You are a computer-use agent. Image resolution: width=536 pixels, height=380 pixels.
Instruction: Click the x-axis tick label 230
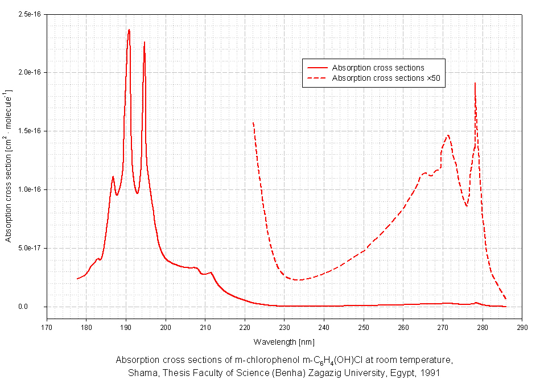[284, 328]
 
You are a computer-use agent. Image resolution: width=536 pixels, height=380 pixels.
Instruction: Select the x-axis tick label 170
[46, 328]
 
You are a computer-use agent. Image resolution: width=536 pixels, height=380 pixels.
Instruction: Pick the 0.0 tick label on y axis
[37, 307]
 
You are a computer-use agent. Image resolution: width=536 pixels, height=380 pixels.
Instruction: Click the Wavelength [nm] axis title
[284, 342]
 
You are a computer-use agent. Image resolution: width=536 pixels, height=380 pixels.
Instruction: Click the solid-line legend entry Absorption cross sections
[378, 68]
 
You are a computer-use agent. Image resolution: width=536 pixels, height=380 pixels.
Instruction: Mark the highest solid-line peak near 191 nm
[129, 30]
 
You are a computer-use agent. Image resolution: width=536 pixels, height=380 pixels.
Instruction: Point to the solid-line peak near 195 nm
[145, 42]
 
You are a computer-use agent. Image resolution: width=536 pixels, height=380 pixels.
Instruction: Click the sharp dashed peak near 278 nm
[475, 84]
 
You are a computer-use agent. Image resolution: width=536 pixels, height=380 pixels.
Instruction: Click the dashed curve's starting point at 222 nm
[253, 122]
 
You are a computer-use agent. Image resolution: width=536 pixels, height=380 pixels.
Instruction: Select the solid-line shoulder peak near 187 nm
[113, 176]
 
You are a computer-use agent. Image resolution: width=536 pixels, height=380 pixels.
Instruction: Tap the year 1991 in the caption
[431, 372]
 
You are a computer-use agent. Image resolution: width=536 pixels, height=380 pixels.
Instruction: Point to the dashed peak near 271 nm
[448, 135]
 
